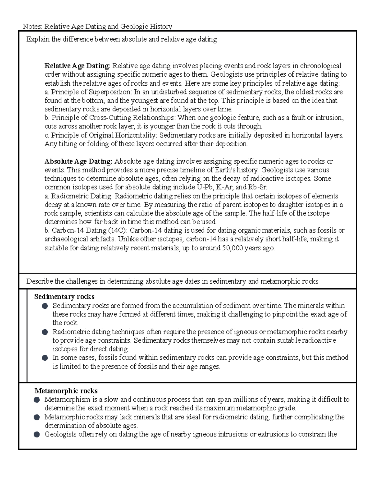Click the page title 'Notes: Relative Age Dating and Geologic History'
pyautogui.click(x=97, y=27)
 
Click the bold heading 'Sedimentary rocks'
pyautogui.click(x=64, y=297)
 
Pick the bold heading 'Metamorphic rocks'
pyautogui.click(x=66, y=391)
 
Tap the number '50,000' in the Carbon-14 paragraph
pyautogui.click(x=232, y=248)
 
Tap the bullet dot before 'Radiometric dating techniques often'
pyautogui.click(x=45, y=332)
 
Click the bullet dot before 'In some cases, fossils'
pyautogui.click(x=45, y=358)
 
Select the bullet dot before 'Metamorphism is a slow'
pyautogui.click(x=37, y=400)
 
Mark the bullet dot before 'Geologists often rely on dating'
pyautogui.click(x=37, y=434)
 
